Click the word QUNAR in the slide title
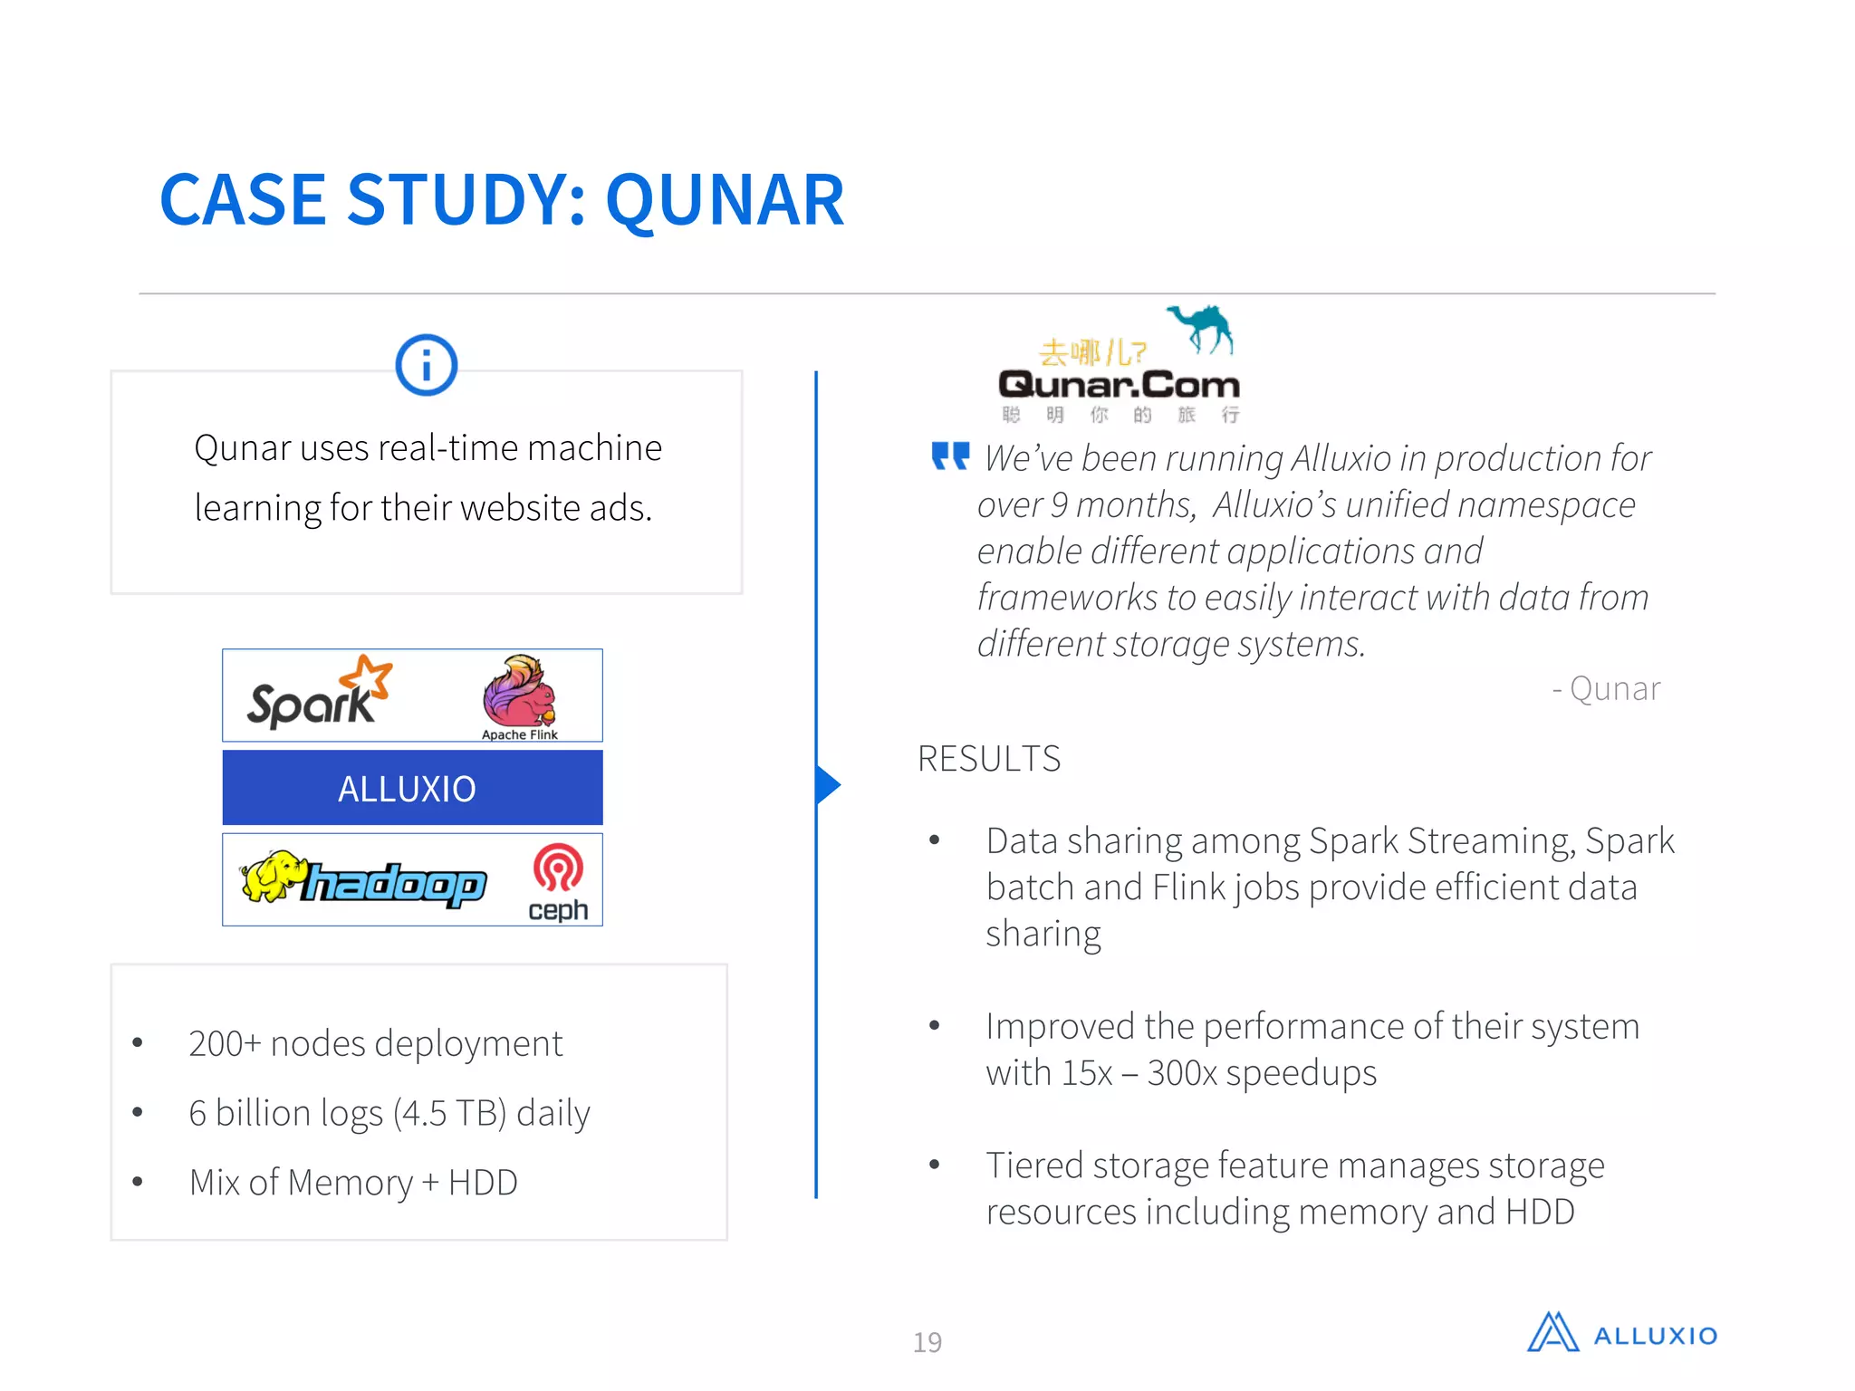click(725, 200)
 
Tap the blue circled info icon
click(427, 365)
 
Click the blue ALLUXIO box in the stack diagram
click(412, 788)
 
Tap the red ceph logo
click(558, 881)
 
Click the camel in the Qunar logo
click(1203, 328)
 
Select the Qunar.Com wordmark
click(1119, 385)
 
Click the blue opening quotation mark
click(950, 456)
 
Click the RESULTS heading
click(989, 759)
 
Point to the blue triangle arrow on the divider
click(828, 784)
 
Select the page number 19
click(927, 1342)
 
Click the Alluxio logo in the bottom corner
click(1621, 1334)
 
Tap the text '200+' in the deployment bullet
click(225, 1044)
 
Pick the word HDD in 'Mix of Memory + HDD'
click(483, 1183)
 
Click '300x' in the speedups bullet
click(1182, 1073)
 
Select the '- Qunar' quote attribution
click(1606, 689)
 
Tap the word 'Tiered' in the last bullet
click(1034, 1166)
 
